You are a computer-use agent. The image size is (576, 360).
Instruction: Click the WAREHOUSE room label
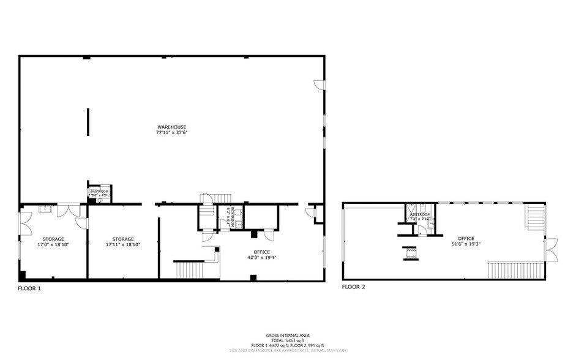click(171, 127)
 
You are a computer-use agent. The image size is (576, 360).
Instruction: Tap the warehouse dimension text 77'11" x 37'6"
click(171, 132)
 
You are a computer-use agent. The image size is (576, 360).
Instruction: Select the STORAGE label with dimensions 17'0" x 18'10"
click(53, 239)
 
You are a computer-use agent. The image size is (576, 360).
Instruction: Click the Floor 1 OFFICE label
click(262, 252)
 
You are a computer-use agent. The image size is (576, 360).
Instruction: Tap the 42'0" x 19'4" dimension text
click(262, 257)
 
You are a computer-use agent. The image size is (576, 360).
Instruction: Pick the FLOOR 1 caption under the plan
click(29, 287)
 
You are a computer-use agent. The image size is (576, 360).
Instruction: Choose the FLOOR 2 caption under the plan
click(354, 286)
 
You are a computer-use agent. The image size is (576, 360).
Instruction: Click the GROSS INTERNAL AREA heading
click(287, 336)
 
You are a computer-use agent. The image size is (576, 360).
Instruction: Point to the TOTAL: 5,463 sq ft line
click(287, 340)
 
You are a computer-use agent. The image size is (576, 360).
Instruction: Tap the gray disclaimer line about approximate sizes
click(287, 351)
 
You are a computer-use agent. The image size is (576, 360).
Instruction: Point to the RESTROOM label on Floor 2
click(421, 214)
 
